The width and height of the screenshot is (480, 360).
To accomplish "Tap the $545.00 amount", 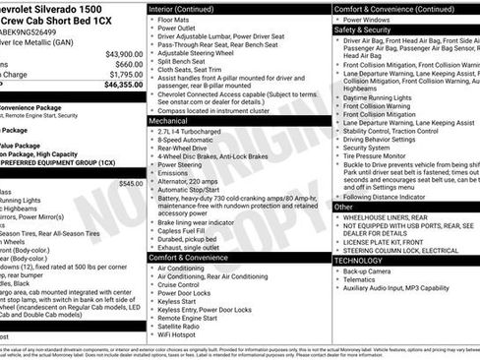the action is [130, 183].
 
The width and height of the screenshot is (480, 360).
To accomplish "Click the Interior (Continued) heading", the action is [190, 8].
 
